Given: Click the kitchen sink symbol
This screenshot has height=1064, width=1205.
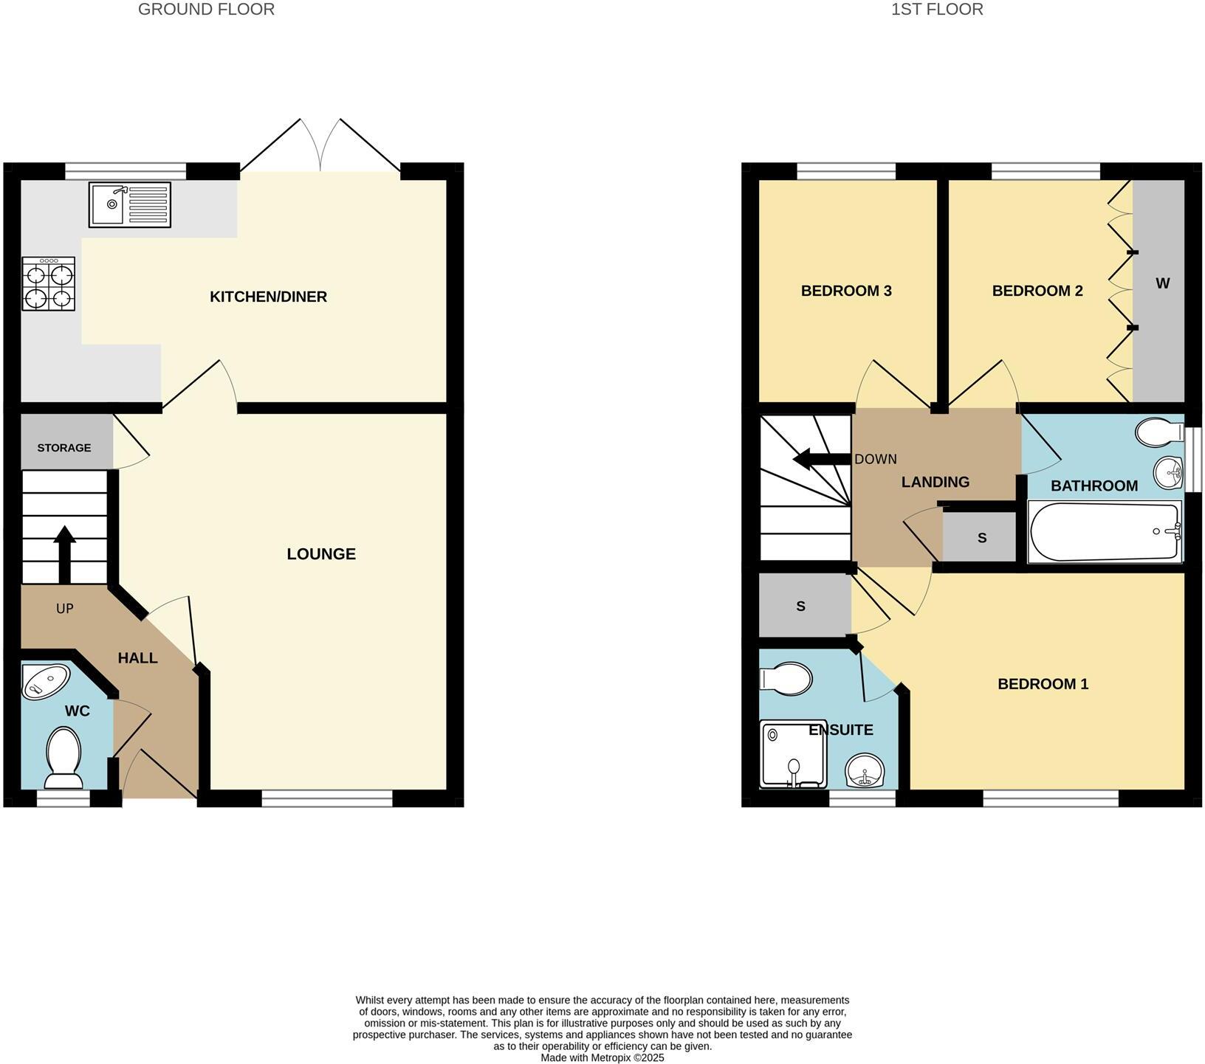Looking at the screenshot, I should coord(129,204).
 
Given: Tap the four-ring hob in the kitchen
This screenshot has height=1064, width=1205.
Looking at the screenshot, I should coord(48,284).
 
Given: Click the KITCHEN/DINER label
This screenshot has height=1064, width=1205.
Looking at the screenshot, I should coord(268,297).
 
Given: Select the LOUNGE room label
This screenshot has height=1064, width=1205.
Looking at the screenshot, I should coord(321,553).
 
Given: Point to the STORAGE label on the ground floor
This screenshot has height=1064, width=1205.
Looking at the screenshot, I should coord(64,448).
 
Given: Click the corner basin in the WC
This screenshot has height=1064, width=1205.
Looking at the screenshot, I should coord(44,680).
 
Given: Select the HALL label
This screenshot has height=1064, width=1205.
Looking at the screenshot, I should coord(138,657).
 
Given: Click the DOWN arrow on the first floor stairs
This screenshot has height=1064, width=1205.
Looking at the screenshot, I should coord(820,460).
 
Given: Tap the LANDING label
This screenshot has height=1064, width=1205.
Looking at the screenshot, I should coord(935,482).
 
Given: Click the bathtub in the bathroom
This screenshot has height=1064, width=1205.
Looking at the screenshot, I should coord(1104,531).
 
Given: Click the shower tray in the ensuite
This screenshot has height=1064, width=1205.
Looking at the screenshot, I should coord(792,753).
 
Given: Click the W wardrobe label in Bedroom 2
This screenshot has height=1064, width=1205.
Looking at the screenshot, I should coord(1162,283).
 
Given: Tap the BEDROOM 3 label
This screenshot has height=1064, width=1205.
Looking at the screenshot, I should coord(846,291).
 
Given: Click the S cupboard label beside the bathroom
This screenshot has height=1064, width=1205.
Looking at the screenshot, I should coord(981,538).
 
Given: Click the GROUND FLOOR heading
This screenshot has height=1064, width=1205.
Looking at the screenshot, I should coord(206,10).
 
